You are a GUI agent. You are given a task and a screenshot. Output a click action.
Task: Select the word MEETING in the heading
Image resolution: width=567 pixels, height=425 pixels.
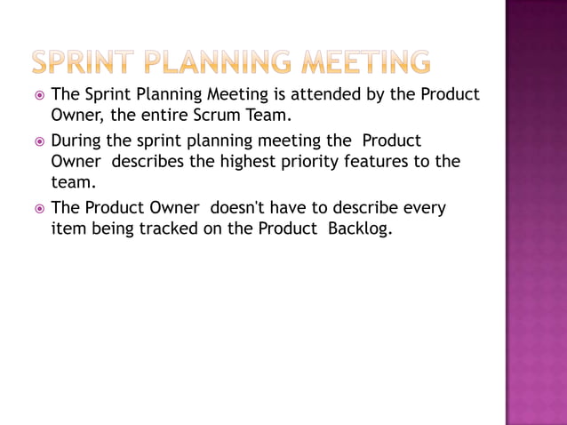[x=365, y=62]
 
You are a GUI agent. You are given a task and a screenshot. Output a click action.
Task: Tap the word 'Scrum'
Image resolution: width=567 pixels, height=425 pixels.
[x=220, y=116]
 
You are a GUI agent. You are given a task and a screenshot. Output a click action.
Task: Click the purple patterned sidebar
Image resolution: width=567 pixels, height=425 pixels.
[x=536, y=212]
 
